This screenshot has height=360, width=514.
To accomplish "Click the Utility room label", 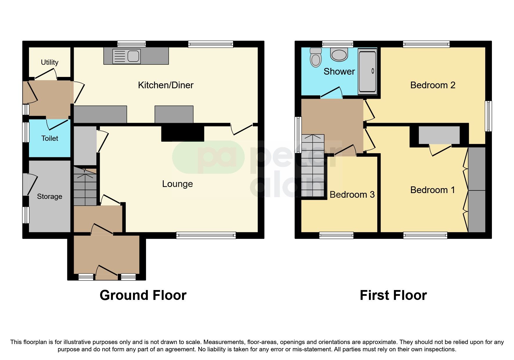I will tap(49, 62).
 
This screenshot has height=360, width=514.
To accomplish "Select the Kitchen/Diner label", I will tap(165, 85).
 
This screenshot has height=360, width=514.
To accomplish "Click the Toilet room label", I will tap(50, 138).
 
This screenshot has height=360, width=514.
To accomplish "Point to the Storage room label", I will tap(49, 197).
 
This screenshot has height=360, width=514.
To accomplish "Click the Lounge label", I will tap(177, 184).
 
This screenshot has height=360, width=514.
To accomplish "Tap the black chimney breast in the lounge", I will tap(183, 134).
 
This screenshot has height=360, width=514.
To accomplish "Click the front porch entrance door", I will tap(107, 273).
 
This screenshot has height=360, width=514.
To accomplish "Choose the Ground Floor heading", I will tap(143, 295).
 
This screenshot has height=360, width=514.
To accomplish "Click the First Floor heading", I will tap(393, 295).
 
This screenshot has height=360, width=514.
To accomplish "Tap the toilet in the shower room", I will tap(315, 57).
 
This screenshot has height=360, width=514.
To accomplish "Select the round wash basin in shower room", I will tap(339, 55).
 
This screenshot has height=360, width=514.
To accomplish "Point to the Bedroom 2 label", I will tap(432, 85).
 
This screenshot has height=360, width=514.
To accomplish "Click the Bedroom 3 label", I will tap(352, 195).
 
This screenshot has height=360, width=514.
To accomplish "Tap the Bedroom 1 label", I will tap(432, 190).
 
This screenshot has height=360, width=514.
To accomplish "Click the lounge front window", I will tap(206, 235).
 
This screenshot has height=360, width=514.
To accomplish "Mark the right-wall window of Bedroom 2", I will tap(489, 116).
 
